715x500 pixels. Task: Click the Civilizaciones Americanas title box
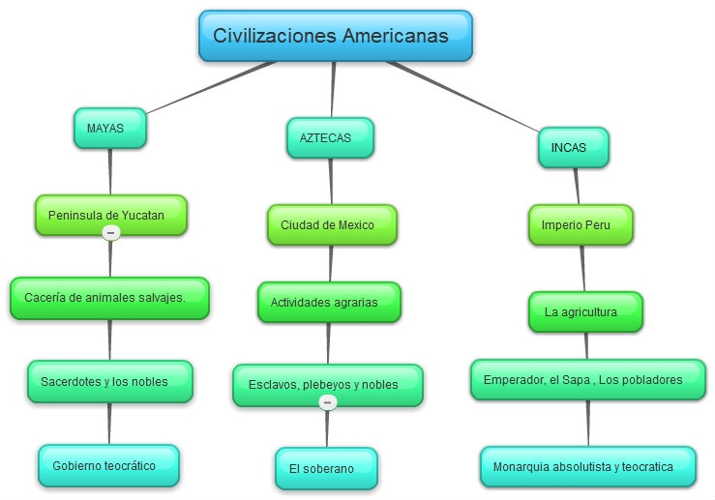pos(335,36)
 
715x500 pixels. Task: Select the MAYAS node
pos(109,128)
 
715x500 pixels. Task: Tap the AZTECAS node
pos(331,137)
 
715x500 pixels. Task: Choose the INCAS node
pos(574,148)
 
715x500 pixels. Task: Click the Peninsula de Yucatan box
pos(110,215)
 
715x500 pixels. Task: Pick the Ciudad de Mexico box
pos(332,224)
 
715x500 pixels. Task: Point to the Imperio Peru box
pos(581,224)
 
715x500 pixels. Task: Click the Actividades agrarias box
pos(329,303)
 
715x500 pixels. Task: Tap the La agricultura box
pos(586,311)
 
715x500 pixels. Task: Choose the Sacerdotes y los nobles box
pos(109,381)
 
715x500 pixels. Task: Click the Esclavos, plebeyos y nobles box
pos(328,385)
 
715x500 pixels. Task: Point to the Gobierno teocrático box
pos(108,465)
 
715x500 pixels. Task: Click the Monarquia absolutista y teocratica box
pos(587,466)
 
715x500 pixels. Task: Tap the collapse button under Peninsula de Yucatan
pos(110,233)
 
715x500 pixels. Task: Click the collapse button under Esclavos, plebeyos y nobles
pos(328,402)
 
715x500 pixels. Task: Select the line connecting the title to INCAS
pos(464,98)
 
